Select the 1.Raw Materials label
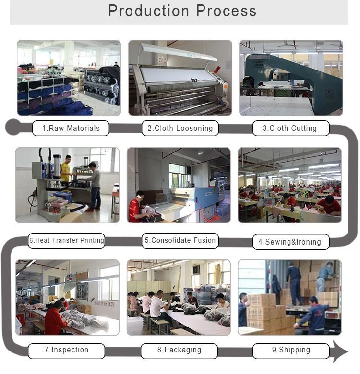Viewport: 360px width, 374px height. tap(71, 129)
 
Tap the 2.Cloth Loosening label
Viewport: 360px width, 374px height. tap(180, 129)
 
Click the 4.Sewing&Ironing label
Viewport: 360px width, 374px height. tap(289, 242)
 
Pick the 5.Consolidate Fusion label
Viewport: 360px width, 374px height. tap(180, 240)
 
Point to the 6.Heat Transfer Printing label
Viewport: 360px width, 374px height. tap(66, 240)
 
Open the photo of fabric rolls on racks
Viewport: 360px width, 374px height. tap(69, 78)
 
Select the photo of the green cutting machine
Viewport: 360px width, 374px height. tap(290, 78)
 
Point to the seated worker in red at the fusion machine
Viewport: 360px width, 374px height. tap(136, 207)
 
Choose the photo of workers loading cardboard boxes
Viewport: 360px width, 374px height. tap(289, 297)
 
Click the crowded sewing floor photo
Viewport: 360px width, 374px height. tap(289, 185)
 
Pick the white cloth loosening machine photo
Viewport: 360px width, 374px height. tap(180, 78)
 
